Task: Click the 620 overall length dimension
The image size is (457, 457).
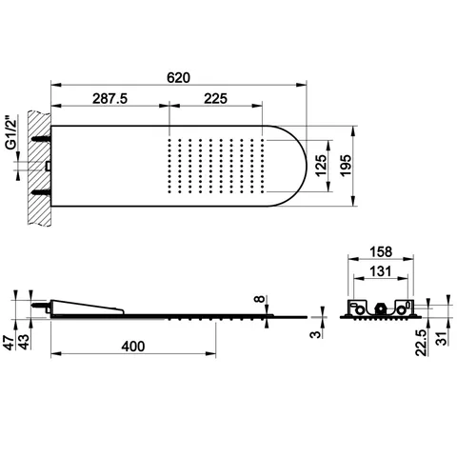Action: click(x=178, y=78)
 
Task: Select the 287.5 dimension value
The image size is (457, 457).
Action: click(x=109, y=99)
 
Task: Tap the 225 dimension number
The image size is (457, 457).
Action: click(x=215, y=99)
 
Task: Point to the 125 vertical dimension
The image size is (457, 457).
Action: click(x=321, y=165)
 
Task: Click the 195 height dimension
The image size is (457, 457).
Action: click(x=346, y=165)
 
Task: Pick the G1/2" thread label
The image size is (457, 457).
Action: click(x=10, y=133)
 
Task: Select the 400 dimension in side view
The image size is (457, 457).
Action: click(x=133, y=347)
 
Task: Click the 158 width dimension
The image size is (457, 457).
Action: click(x=381, y=252)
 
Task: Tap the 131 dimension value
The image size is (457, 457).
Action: click(x=381, y=271)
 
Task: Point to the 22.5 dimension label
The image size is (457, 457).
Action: click(x=422, y=343)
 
